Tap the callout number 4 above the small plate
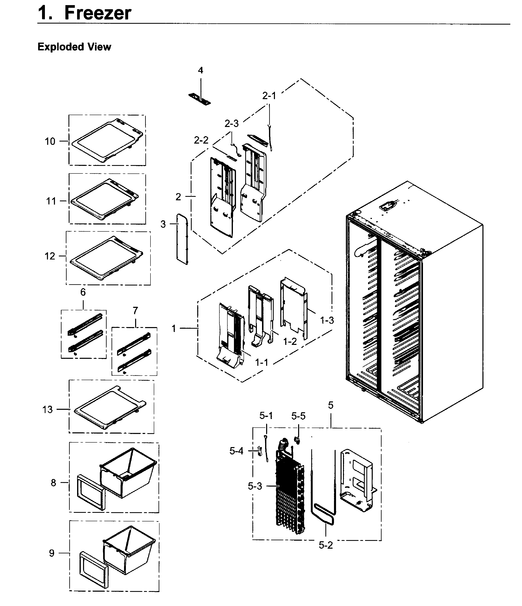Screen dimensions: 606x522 (201, 70)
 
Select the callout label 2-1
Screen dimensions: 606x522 (269, 96)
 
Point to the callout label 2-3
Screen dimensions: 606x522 (231, 124)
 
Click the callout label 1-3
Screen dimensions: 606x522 (327, 321)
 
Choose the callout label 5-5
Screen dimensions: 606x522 (298, 416)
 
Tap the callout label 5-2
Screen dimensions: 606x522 (326, 545)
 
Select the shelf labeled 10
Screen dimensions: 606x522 (107, 140)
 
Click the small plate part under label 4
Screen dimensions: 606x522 (199, 100)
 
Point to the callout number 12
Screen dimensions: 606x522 (50, 256)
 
